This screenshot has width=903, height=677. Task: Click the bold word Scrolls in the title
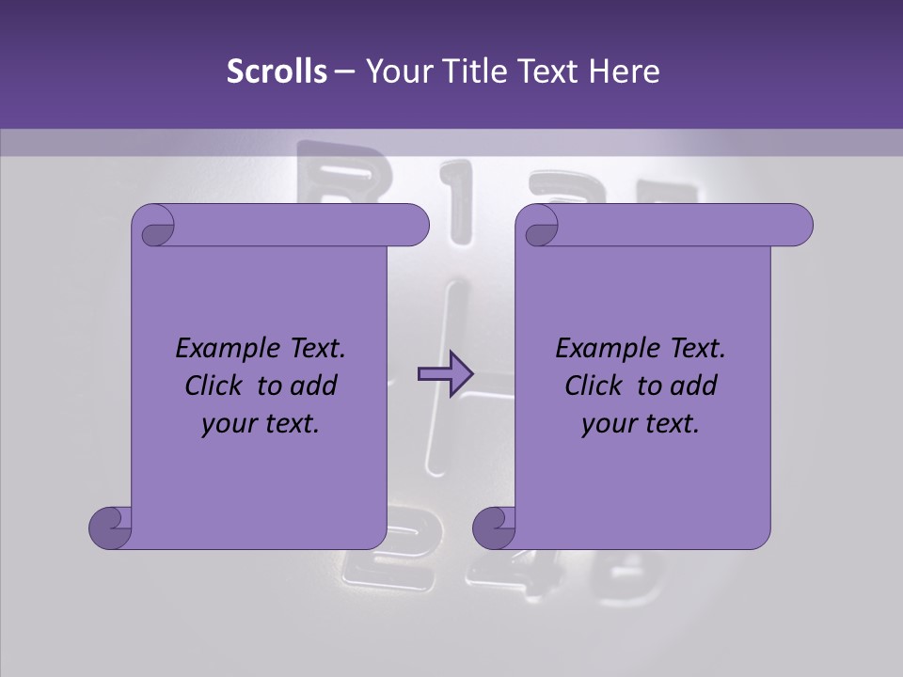(x=277, y=71)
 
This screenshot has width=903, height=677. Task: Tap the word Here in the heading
(x=625, y=71)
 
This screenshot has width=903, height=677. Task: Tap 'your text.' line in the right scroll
(x=641, y=423)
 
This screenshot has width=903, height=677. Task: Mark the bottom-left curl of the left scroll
(x=111, y=527)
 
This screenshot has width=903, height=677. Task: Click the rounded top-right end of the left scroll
(x=414, y=226)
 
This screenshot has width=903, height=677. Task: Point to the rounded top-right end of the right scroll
(x=798, y=226)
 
